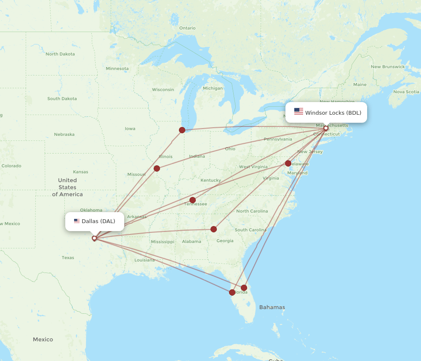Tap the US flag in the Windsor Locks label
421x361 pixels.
(x=298, y=111)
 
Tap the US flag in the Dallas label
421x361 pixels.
(x=77, y=221)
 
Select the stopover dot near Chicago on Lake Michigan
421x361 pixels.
(x=182, y=130)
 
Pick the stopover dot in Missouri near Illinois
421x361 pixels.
(x=157, y=169)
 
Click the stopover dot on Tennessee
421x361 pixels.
(x=192, y=200)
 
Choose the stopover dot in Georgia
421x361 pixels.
(x=213, y=229)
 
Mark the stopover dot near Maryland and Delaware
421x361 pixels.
(x=288, y=163)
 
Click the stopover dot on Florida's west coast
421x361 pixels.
(x=232, y=292)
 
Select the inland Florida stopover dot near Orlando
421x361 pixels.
(x=244, y=288)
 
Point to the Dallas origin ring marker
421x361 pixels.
(x=94, y=238)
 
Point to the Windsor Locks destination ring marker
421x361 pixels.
(x=326, y=128)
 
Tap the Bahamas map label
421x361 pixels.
(x=272, y=307)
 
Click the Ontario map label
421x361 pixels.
(x=187, y=28)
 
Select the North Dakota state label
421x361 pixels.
(x=60, y=54)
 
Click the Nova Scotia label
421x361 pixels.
(x=406, y=92)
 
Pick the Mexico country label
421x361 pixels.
(x=43, y=339)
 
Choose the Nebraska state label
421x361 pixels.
(x=64, y=135)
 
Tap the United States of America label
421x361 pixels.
(x=67, y=187)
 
